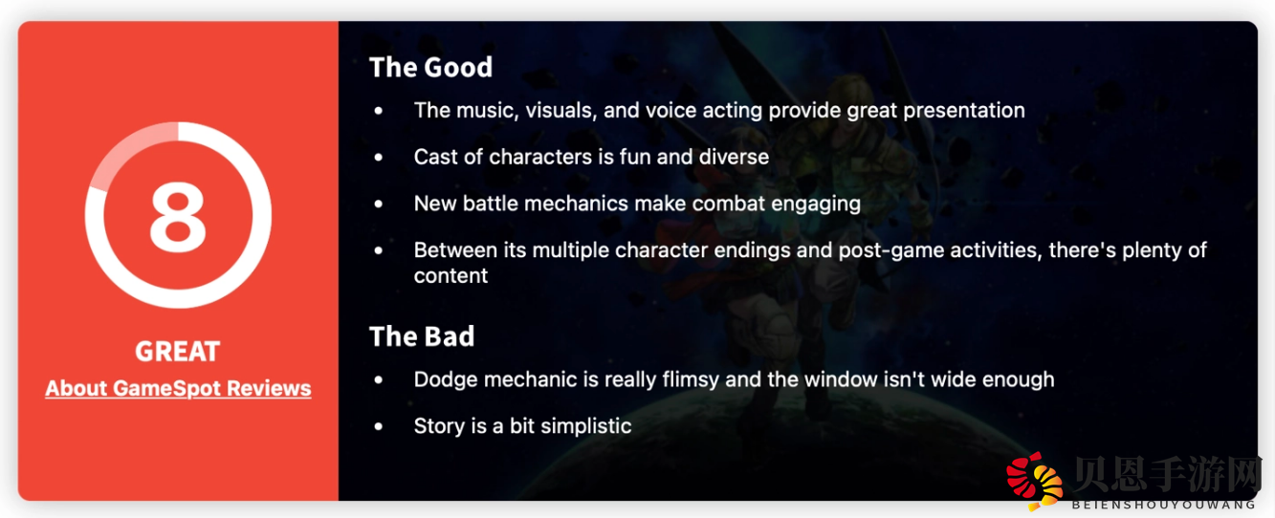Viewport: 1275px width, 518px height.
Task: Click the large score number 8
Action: click(178, 217)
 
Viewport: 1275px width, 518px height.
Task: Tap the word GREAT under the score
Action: click(178, 352)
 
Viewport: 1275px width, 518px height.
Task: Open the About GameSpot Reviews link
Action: click(178, 388)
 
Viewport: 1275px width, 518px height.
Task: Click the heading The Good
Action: click(430, 67)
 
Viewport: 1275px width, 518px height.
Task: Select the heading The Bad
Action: click(422, 336)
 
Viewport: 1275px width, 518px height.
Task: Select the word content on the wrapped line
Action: click(451, 276)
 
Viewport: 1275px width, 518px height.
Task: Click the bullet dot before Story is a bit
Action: click(379, 426)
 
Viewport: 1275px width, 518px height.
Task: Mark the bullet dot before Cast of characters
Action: click(379, 157)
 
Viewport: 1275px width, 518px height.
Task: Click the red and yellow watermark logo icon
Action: click(1034, 481)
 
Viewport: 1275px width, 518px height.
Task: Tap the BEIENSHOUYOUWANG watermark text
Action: click(1163, 505)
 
